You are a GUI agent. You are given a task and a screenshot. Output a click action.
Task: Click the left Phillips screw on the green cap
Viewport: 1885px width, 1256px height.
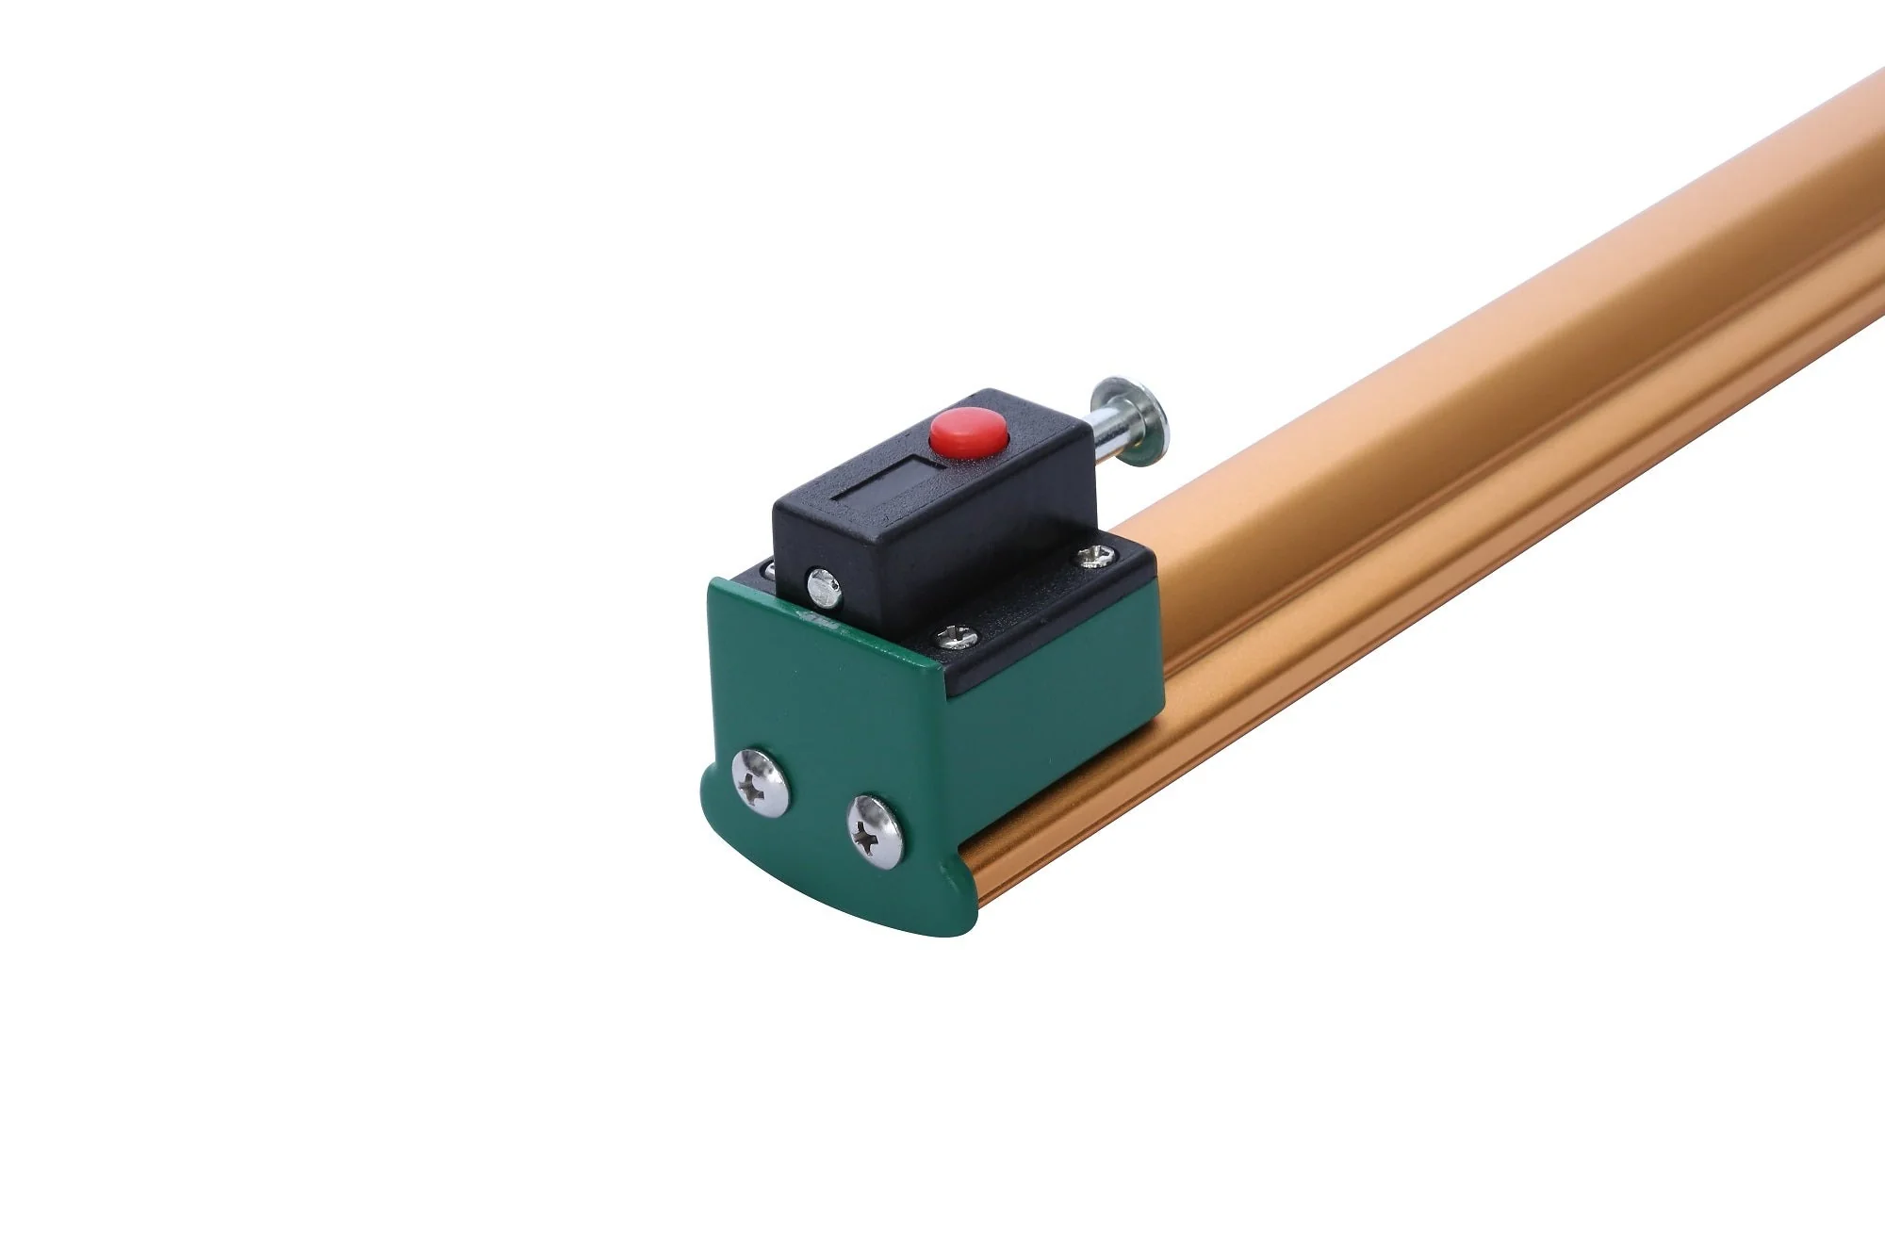click(x=761, y=780)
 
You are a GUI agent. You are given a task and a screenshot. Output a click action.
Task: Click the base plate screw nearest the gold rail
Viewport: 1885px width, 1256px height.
click(x=1095, y=556)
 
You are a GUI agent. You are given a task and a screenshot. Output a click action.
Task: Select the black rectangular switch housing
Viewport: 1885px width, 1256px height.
click(x=942, y=509)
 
